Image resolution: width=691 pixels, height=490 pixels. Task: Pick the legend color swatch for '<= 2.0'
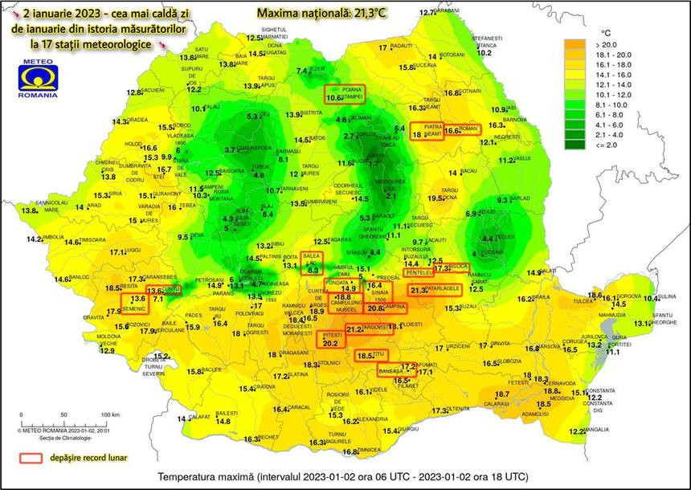coord(574,145)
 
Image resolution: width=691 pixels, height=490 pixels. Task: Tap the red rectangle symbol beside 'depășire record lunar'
coord(31,458)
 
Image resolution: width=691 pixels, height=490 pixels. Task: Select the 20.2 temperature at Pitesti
coord(330,343)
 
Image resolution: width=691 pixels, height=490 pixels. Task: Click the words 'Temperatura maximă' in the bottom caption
coord(201,476)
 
